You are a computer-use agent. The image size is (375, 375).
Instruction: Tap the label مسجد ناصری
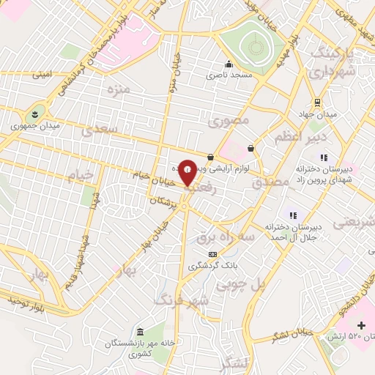pyautogui.click(x=229, y=75)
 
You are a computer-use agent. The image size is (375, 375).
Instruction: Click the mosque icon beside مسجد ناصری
pyautogui.click(x=229, y=64)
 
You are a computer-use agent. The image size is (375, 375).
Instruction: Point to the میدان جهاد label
pyautogui.click(x=321, y=114)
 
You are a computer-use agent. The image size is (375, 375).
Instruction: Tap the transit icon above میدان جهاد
pyautogui.click(x=316, y=103)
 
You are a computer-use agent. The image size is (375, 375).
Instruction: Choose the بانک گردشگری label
pyautogui.click(x=212, y=265)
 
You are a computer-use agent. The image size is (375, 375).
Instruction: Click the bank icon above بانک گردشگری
pyautogui.click(x=212, y=253)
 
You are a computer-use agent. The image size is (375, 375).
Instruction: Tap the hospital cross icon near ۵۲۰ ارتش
pyautogui.click(x=361, y=325)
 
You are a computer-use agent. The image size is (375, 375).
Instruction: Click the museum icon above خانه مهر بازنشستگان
pyautogui.click(x=140, y=331)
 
